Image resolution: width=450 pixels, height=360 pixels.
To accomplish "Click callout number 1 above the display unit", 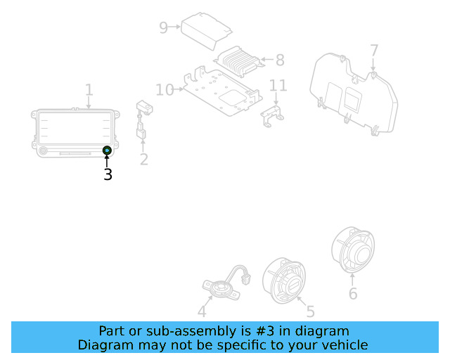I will [x=89, y=90].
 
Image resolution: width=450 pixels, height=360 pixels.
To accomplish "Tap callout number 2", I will [x=143, y=159].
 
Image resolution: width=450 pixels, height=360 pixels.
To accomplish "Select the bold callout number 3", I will [x=108, y=174].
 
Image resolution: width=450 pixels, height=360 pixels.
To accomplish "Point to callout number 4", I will [x=202, y=312].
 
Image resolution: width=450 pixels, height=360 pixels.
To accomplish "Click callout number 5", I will [x=310, y=311].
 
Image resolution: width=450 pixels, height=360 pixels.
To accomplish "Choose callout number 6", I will [x=353, y=292].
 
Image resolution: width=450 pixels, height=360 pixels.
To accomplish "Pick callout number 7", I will [x=374, y=51].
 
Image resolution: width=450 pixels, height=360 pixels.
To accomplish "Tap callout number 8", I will [x=280, y=60].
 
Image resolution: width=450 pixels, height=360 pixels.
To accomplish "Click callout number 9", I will [x=164, y=27].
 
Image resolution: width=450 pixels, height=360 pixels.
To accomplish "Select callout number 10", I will [x=165, y=89].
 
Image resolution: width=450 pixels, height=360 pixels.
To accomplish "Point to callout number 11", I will [x=278, y=86].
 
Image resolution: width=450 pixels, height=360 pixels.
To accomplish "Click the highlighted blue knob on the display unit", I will [x=107, y=150].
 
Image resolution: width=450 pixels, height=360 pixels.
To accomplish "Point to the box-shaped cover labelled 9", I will [x=205, y=30].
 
